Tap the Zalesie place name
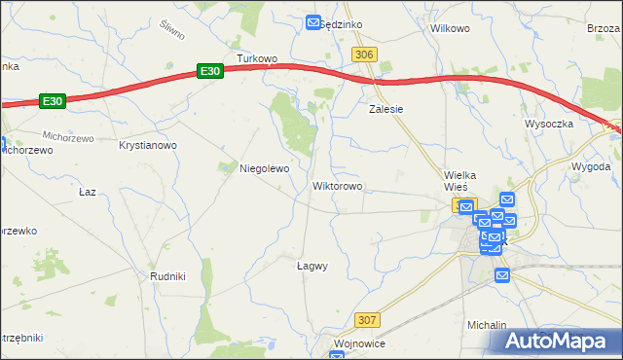pyautogui.click(x=385, y=109)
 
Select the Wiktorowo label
pyautogui.click(x=338, y=185)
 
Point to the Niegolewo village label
pyautogui.click(x=265, y=168)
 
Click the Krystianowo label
pyautogui.click(x=147, y=145)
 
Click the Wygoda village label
pyautogui.click(x=591, y=166)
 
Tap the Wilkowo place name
pyautogui.click(x=450, y=28)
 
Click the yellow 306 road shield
pyautogui.click(x=365, y=55)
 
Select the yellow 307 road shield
pyautogui.click(x=367, y=319)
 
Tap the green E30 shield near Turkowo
pyautogui.click(x=210, y=71)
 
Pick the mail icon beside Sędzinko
pyautogui.click(x=313, y=22)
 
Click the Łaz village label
pyautogui.click(x=88, y=192)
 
